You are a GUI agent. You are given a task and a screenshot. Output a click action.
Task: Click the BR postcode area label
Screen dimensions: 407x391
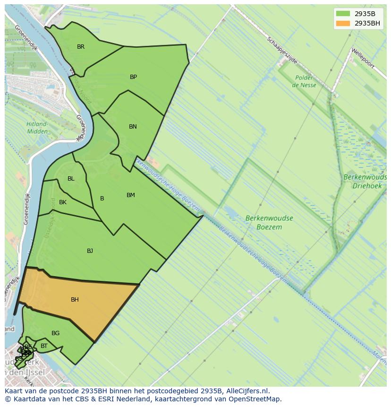point(81,47)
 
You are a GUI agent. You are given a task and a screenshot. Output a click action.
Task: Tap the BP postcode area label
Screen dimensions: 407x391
point(133,77)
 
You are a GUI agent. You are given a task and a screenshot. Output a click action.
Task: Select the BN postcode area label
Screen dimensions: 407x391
point(133,127)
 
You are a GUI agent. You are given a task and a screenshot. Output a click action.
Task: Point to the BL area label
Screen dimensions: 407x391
point(71,179)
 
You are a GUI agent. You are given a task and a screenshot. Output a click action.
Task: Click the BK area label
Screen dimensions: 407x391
point(63,202)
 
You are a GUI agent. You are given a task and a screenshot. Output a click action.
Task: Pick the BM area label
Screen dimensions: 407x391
point(131,195)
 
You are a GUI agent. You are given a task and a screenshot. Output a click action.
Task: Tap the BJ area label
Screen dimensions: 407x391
point(90,251)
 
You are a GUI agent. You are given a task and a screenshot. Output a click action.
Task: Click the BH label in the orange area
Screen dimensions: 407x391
point(75,300)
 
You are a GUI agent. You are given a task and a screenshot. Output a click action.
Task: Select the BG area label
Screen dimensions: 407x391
point(55,333)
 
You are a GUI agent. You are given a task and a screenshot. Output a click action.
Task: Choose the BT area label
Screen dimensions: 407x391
point(44,346)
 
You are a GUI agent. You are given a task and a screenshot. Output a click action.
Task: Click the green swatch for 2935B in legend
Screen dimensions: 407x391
point(343,14)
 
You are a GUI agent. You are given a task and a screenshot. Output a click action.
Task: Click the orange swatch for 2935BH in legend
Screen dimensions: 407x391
point(343,23)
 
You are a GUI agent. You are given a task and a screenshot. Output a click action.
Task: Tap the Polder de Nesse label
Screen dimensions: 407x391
point(304,81)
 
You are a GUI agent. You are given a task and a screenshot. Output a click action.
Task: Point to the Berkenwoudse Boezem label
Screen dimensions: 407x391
point(269,223)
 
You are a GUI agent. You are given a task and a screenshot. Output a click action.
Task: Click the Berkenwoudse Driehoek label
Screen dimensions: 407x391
point(365,182)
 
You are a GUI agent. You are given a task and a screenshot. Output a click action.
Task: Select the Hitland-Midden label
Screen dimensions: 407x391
point(37,128)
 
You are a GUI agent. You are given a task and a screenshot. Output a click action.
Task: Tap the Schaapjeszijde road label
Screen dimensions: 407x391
point(282,51)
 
